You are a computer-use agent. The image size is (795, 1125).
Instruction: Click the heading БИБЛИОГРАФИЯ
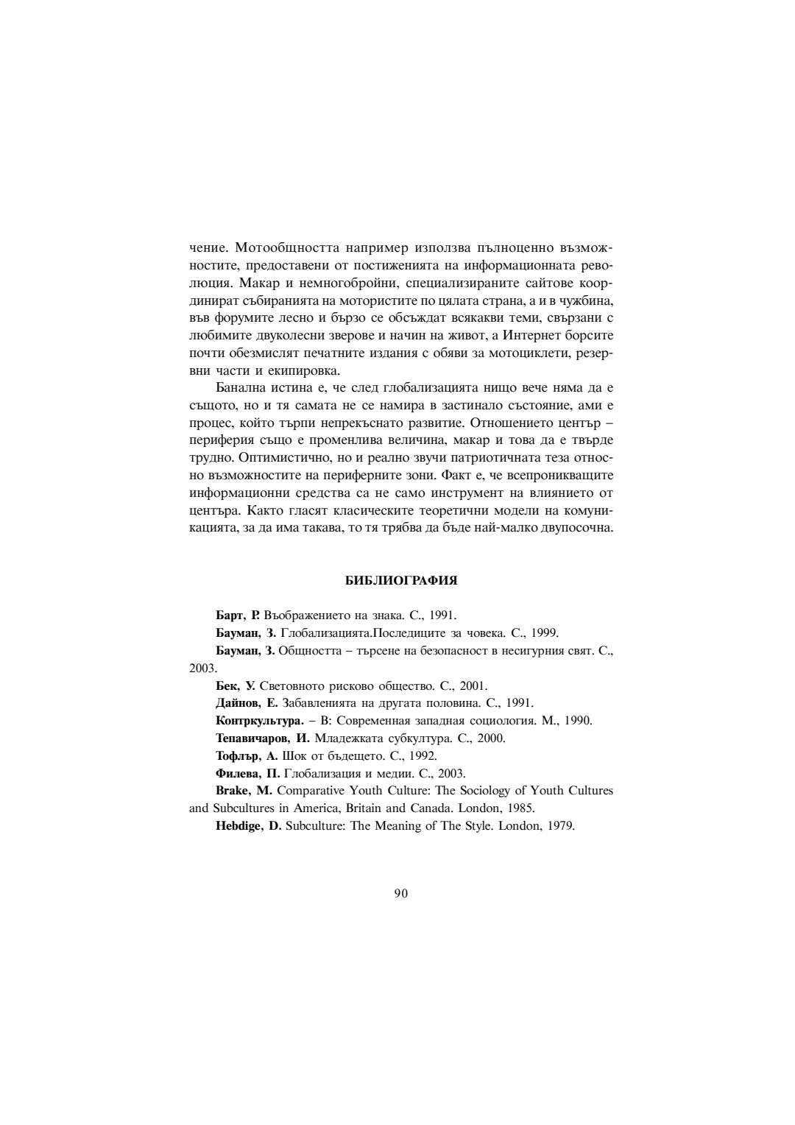point(401,581)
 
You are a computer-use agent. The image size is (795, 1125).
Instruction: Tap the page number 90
point(401,893)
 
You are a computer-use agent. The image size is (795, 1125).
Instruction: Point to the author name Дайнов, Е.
point(247,703)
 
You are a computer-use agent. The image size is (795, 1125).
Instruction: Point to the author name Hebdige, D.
point(249,825)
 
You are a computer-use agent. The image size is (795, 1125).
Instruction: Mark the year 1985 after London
point(521,808)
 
